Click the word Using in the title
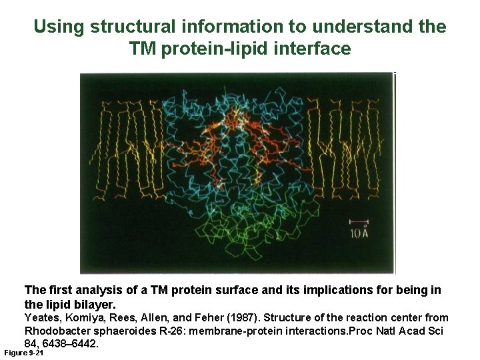(x=59, y=27)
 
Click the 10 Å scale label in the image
(x=359, y=233)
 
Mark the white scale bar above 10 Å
(x=359, y=221)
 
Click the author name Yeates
(x=41, y=318)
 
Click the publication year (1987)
(x=241, y=318)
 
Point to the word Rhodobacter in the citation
(x=54, y=331)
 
